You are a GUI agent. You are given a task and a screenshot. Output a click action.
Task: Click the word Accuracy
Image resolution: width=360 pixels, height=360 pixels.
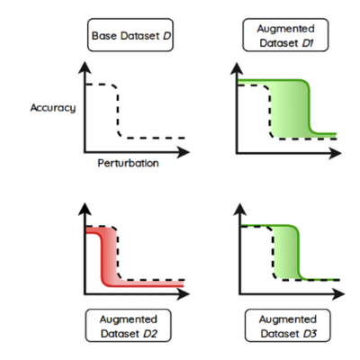pos(53,107)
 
